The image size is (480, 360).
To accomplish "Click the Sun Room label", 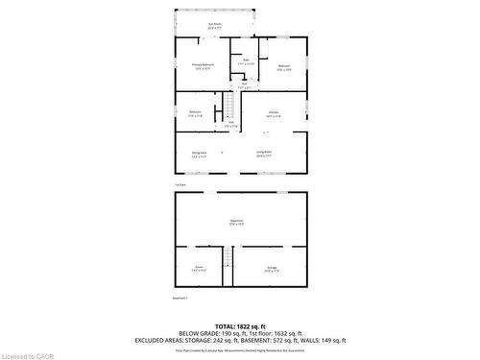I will point(212,24).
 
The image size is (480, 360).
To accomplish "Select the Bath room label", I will point(246,60).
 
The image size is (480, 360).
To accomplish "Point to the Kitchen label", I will point(274,112).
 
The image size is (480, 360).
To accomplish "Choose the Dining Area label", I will point(199,152).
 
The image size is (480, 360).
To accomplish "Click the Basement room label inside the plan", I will point(236,221).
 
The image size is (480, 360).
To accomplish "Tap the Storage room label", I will point(272,267).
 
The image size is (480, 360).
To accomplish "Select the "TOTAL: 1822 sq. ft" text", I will point(240,327).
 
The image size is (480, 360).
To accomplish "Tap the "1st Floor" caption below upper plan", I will point(180,183).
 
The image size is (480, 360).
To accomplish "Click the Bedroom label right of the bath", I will point(284,66).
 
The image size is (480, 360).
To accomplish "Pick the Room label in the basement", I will point(199,267).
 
